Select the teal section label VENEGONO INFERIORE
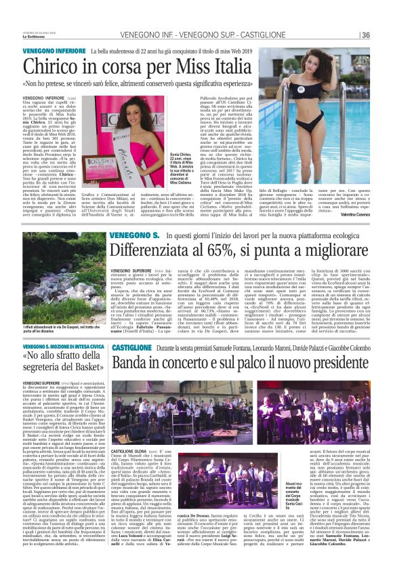(x=54, y=51)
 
